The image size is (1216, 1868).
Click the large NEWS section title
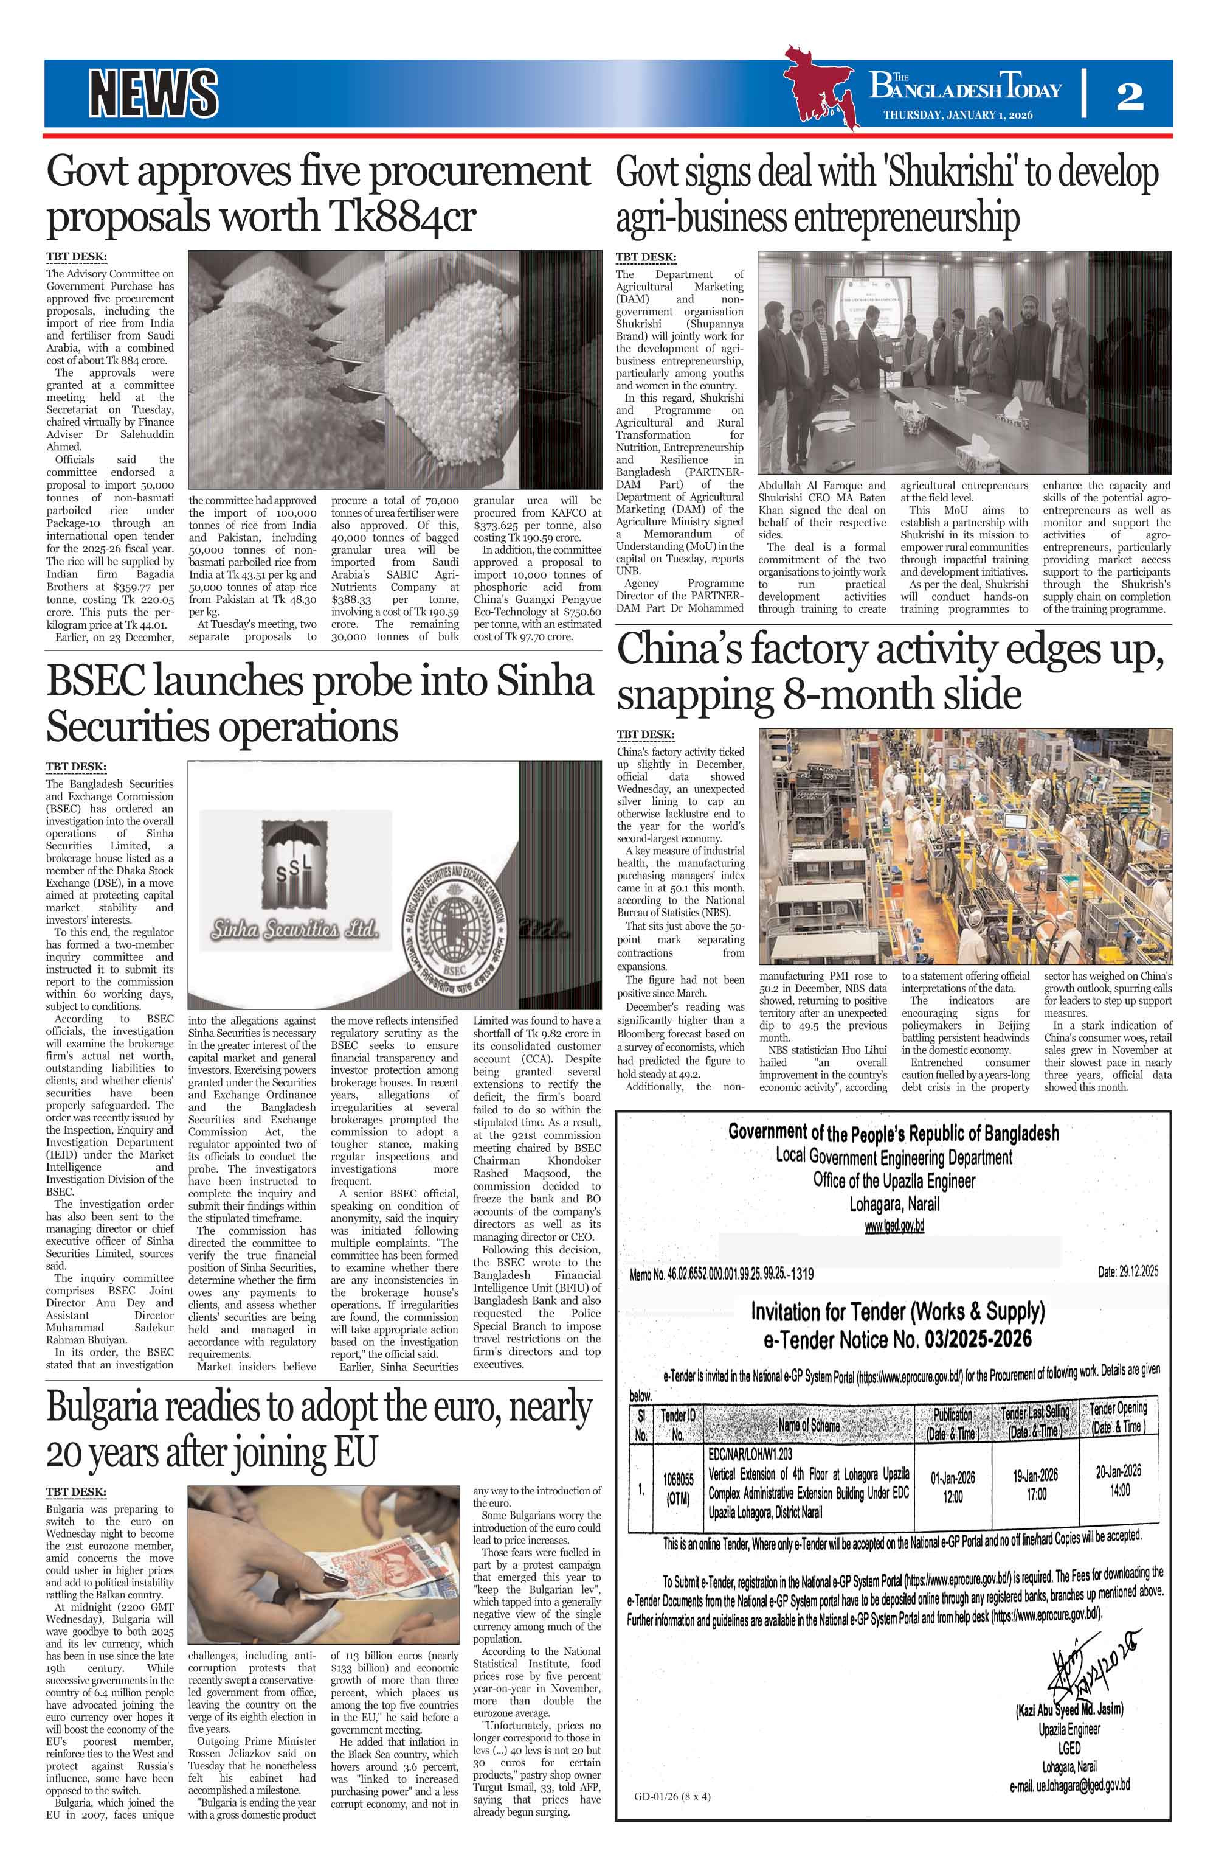pyautogui.click(x=153, y=92)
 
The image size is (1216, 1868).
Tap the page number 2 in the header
pyautogui.click(x=1129, y=95)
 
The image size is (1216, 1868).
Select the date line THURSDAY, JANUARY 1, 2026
pyautogui.click(x=957, y=114)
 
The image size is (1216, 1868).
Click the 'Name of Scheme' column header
pyautogui.click(x=808, y=1424)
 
